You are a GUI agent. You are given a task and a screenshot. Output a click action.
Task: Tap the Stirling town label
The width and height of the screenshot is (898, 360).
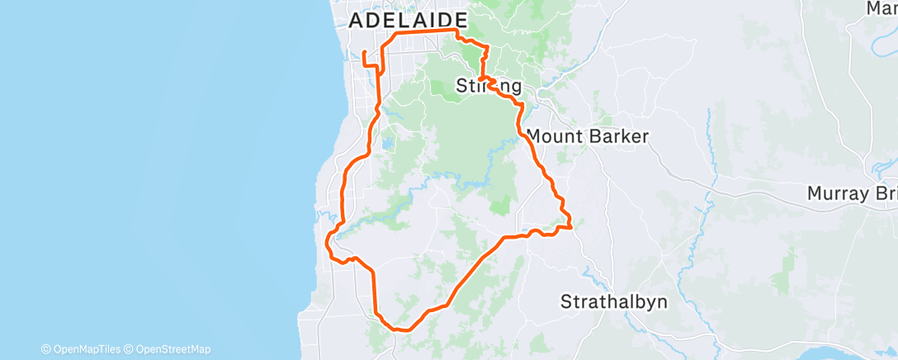coord(489,86)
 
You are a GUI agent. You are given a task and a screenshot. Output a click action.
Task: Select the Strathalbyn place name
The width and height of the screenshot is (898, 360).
coord(614,301)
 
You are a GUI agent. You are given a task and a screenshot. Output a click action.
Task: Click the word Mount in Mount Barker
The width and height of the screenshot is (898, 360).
coord(554,136)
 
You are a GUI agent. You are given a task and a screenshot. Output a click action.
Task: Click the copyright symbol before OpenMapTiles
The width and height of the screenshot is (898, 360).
coord(45,349)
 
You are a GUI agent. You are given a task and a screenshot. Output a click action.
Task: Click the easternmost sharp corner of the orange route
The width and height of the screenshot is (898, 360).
coord(571,225)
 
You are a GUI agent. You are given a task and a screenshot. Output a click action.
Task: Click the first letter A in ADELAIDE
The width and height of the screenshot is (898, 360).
coord(357,21)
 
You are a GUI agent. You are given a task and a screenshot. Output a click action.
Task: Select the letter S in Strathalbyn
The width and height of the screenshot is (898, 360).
coord(566,301)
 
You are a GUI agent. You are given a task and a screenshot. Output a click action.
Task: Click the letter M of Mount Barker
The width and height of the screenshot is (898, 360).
coord(533,136)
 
